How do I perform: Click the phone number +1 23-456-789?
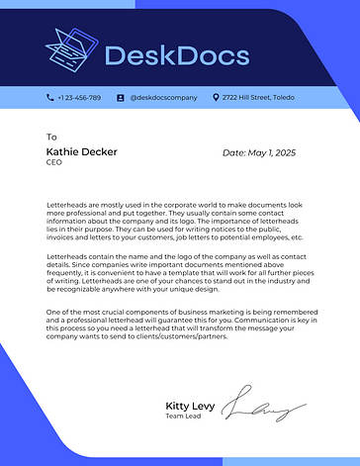point(79,98)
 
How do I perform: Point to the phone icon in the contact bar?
point(49,98)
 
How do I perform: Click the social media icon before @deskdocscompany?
point(121,98)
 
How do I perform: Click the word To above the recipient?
point(51,137)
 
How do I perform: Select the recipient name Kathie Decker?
point(81,152)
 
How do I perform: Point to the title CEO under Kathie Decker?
point(53,162)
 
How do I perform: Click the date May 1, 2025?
point(259,153)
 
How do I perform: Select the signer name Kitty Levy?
point(189,406)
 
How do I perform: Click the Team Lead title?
point(182,418)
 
